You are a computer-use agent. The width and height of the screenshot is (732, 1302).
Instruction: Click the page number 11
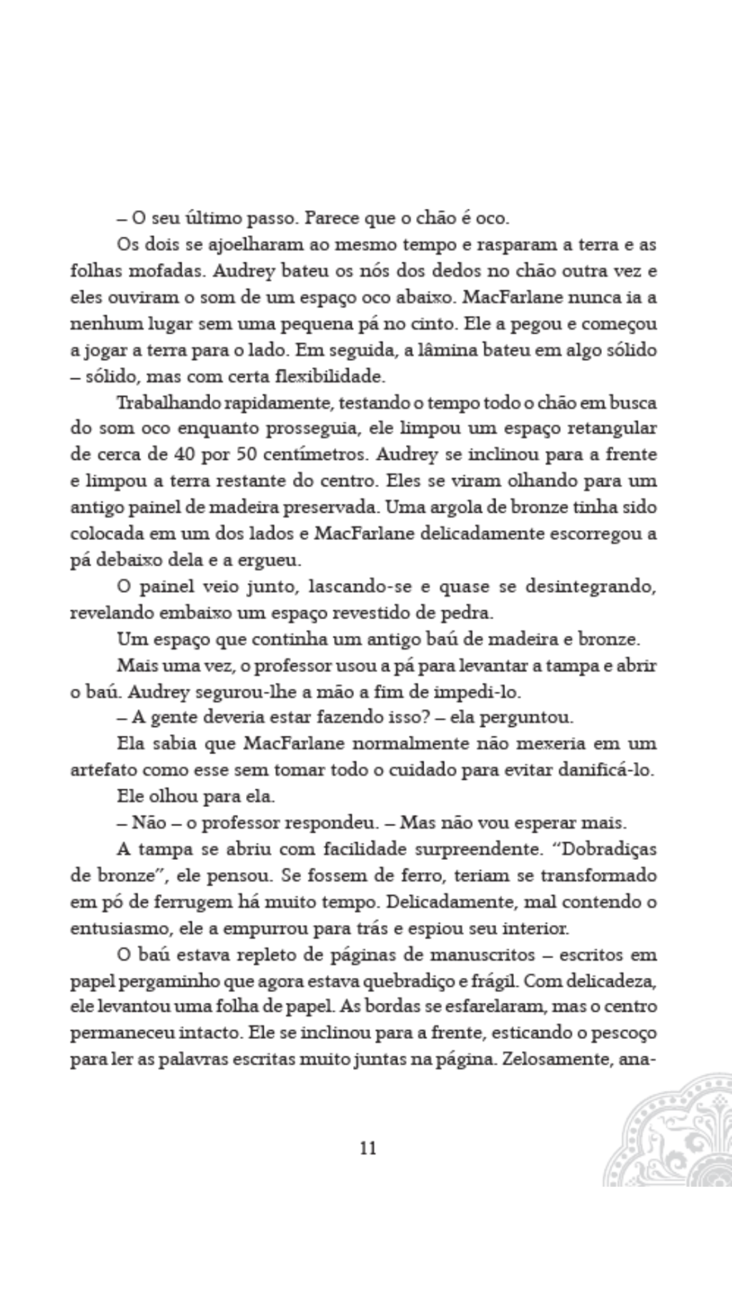[x=368, y=1148]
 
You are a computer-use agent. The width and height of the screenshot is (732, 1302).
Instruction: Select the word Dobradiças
[x=610, y=850]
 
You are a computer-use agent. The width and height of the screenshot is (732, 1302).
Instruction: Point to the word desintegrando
[x=590, y=587]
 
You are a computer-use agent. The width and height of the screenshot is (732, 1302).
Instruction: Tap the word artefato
[x=104, y=770]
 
